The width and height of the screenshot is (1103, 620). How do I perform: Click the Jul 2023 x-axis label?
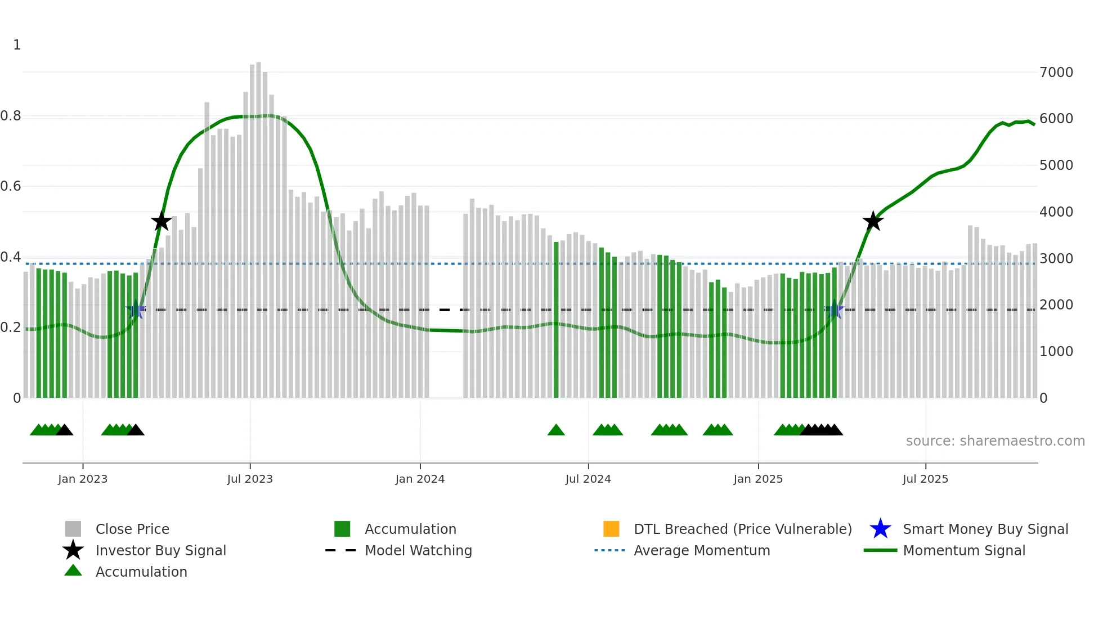(250, 479)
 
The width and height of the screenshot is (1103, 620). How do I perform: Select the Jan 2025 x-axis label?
(758, 479)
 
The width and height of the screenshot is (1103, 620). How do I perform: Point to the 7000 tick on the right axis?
(1056, 73)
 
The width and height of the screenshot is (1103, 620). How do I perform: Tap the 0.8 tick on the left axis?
(11, 116)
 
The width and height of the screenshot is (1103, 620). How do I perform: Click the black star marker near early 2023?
(162, 221)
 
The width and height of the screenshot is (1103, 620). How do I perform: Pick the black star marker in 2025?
(873, 221)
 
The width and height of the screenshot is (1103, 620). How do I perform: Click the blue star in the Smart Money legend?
(880, 529)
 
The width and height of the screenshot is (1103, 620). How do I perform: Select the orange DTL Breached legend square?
(611, 529)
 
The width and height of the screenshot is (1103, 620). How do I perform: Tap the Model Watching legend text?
(418, 550)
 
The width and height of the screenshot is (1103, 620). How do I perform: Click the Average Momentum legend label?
(702, 550)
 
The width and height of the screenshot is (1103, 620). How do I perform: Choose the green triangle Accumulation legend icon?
(73, 570)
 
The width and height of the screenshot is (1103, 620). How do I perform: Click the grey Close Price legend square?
(73, 529)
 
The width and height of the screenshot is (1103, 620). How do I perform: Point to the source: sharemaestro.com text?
(995, 441)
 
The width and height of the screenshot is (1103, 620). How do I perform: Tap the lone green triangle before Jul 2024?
(556, 430)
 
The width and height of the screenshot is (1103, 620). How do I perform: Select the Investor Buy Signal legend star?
(73, 550)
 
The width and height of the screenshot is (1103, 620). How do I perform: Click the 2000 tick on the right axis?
(1056, 305)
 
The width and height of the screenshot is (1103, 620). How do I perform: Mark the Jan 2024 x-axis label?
(420, 479)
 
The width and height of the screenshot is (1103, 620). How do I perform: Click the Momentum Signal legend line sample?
(880, 550)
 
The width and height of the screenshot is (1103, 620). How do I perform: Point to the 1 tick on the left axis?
(17, 45)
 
